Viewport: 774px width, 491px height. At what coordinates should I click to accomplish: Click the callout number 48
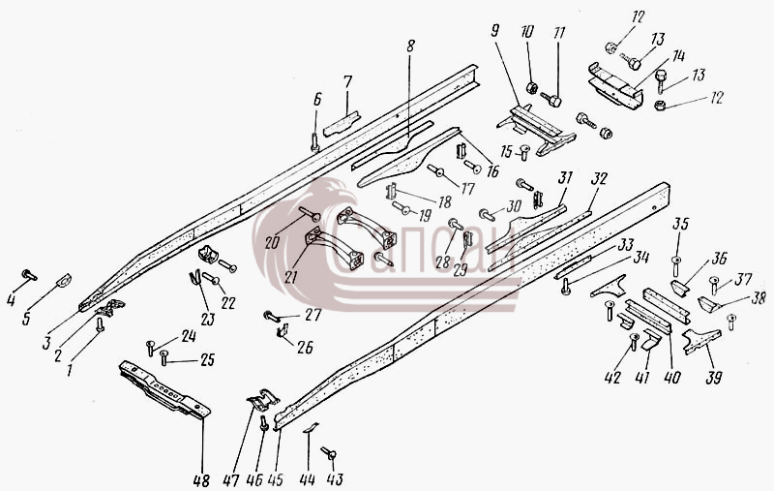(x=201, y=480)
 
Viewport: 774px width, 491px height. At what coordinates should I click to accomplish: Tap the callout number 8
(x=410, y=46)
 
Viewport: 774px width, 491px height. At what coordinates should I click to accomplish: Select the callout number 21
(x=291, y=277)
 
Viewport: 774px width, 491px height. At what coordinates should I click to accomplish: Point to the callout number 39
(x=714, y=378)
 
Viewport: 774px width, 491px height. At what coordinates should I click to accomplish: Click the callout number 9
(x=495, y=31)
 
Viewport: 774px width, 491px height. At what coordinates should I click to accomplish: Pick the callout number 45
(x=276, y=479)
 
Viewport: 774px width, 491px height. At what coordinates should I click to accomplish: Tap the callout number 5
(x=26, y=318)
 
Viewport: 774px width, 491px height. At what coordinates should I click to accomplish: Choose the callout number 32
(x=599, y=178)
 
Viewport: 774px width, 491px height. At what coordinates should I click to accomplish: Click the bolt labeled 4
(x=29, y=275)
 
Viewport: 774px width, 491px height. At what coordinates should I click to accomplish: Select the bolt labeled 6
(x=315, y=141)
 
